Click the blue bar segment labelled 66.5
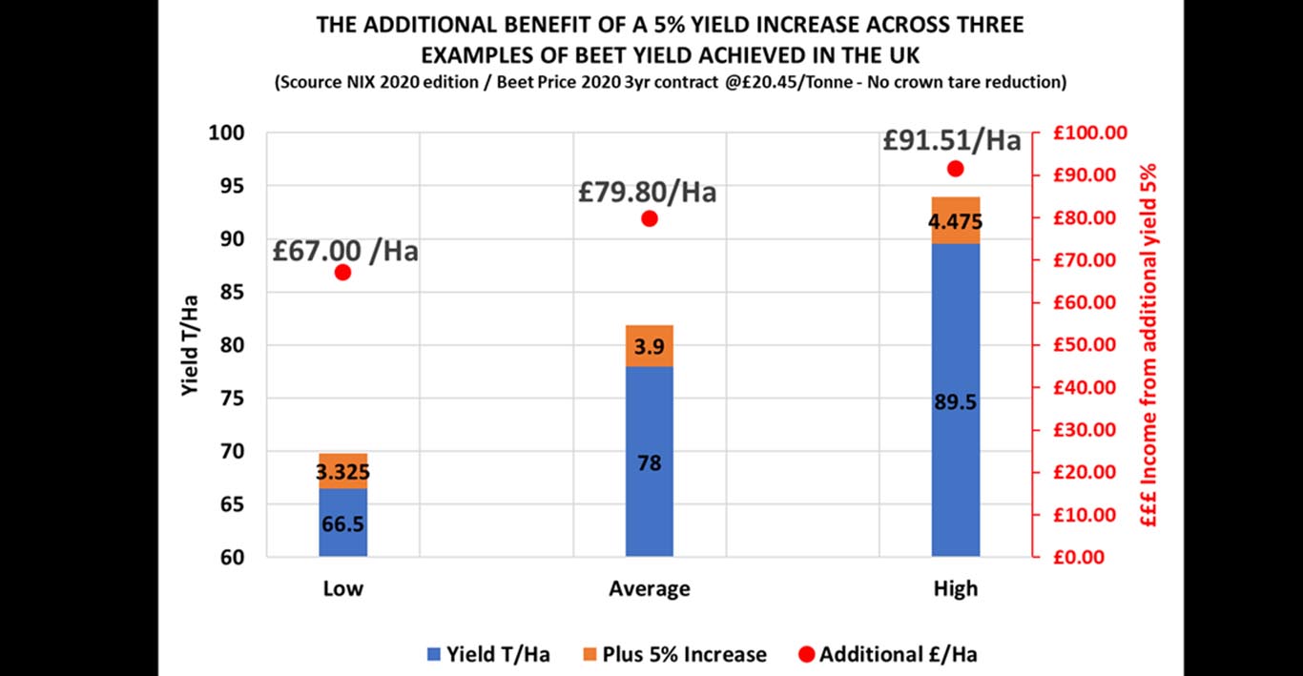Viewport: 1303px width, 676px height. click(x=343, y=522)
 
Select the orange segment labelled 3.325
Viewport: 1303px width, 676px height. click(x=343, y=471)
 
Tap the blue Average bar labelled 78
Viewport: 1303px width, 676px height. click(x=650, y=462)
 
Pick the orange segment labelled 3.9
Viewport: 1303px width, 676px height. click(x=650, y=346)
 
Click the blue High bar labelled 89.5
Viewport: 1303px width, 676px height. click(x=956, y=400)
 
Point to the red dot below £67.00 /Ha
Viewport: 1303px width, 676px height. click(x=343, y=273)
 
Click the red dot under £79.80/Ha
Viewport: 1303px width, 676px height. click(x=650, y=218)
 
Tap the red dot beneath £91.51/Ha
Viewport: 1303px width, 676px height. click(x=956, y=169)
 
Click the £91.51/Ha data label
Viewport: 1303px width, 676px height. click(x=951, y=140)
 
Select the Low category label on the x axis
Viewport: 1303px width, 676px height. click(x=343, y=588)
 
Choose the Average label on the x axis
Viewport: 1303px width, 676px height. click(x=650, y=588)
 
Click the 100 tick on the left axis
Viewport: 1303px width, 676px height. click(x=228, y=133)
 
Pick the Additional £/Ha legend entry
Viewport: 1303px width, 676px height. click(x=886, y=654)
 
